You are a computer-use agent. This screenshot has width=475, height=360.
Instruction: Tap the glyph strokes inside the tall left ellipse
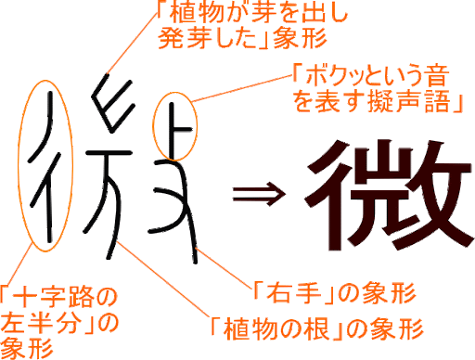(x=45, y=172)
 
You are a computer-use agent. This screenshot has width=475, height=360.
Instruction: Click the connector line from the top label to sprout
(x=123, y=58)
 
